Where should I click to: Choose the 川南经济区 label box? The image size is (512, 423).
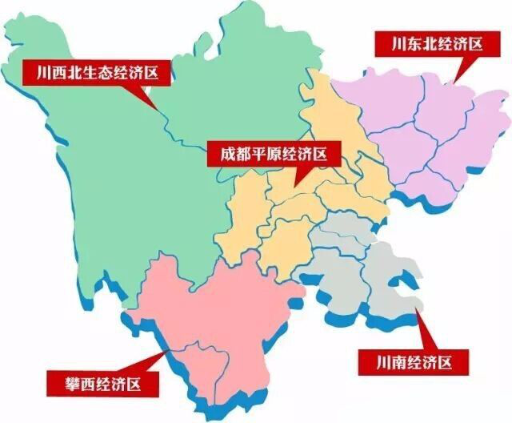point(407,363)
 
